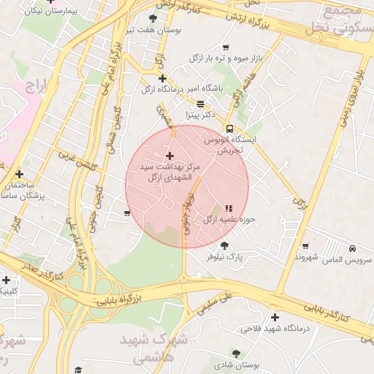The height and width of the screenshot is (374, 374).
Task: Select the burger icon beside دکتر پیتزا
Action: point(200,104)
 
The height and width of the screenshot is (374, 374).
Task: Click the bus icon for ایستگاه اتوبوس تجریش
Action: point(230,129)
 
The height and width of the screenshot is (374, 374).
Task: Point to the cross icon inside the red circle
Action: point(170,156)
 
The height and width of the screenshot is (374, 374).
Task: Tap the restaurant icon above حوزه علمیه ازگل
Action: point(229,208)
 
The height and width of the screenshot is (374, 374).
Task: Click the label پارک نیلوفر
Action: point(223,257)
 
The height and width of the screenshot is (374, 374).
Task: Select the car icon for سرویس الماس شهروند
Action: point(353,248)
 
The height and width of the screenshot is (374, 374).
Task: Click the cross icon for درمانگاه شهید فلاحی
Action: point(275,317)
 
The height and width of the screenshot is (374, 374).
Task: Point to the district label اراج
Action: point(36,88)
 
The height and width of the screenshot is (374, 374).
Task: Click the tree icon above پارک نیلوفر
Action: point(224,245)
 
